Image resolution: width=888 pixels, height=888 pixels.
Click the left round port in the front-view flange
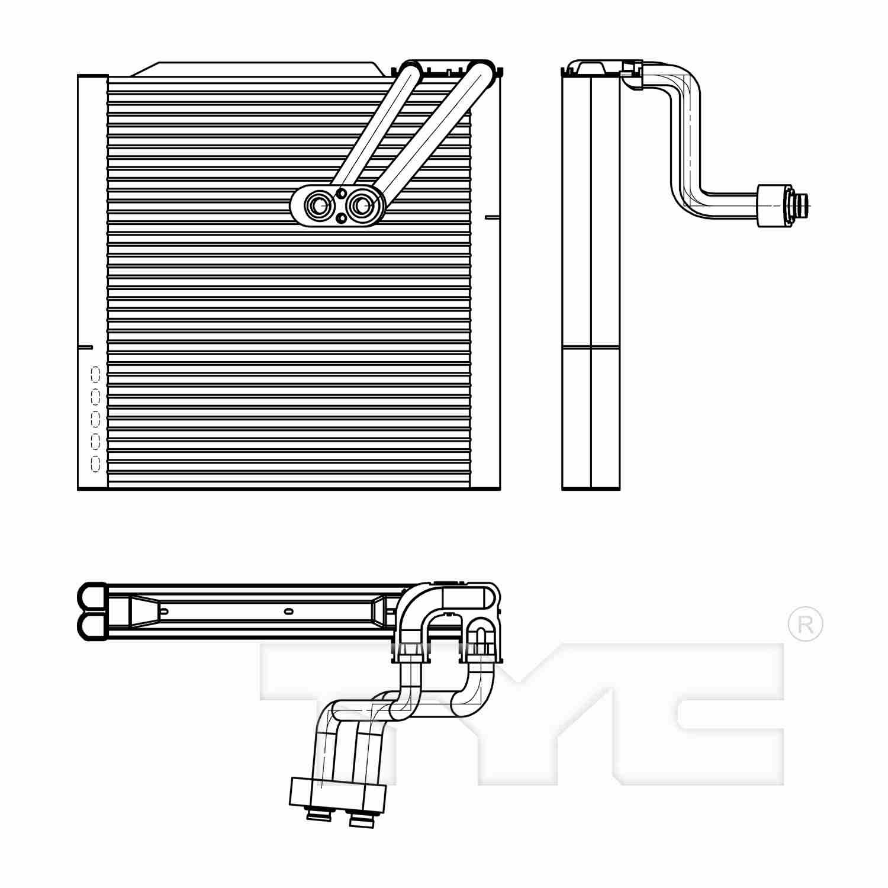[318, 205]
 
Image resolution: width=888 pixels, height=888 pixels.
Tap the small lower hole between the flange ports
[340, 218]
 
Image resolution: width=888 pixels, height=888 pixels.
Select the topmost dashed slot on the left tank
[95, 374]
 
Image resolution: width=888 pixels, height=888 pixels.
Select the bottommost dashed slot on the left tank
[95, 463]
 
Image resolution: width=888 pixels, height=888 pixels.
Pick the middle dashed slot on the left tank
[95, 419]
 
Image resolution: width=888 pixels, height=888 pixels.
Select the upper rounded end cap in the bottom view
[92, 596]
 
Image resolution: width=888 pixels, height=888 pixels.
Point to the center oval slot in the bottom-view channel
[289, 611]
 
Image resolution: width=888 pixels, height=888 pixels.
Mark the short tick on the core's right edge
[491, 218]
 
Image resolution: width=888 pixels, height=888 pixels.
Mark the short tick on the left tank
[86, 346]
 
